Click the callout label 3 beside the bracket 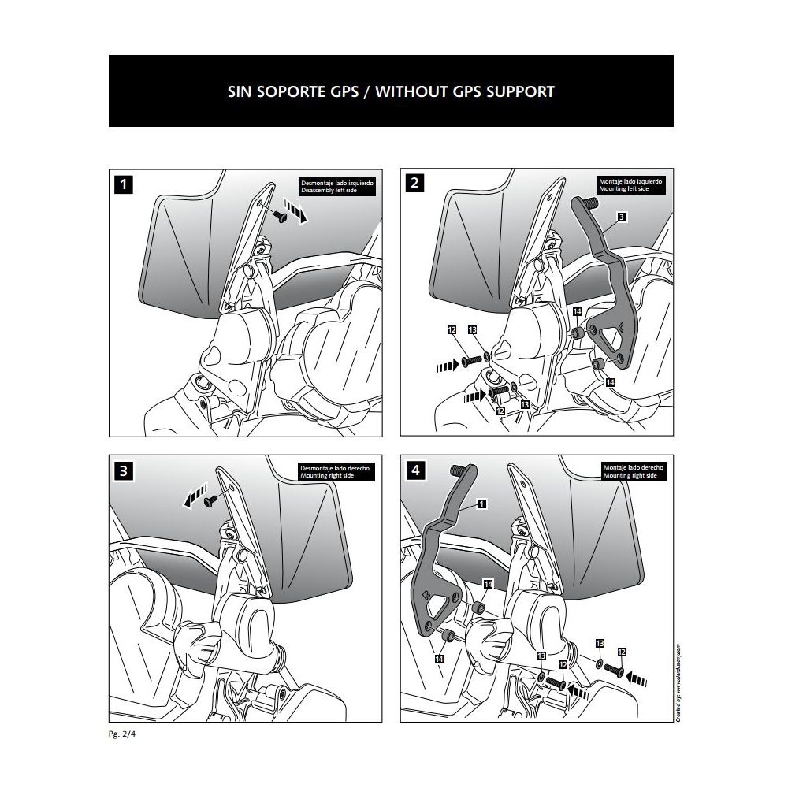tap(622, 216)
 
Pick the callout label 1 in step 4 tap(481, 503)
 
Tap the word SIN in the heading tap(240, 91)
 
